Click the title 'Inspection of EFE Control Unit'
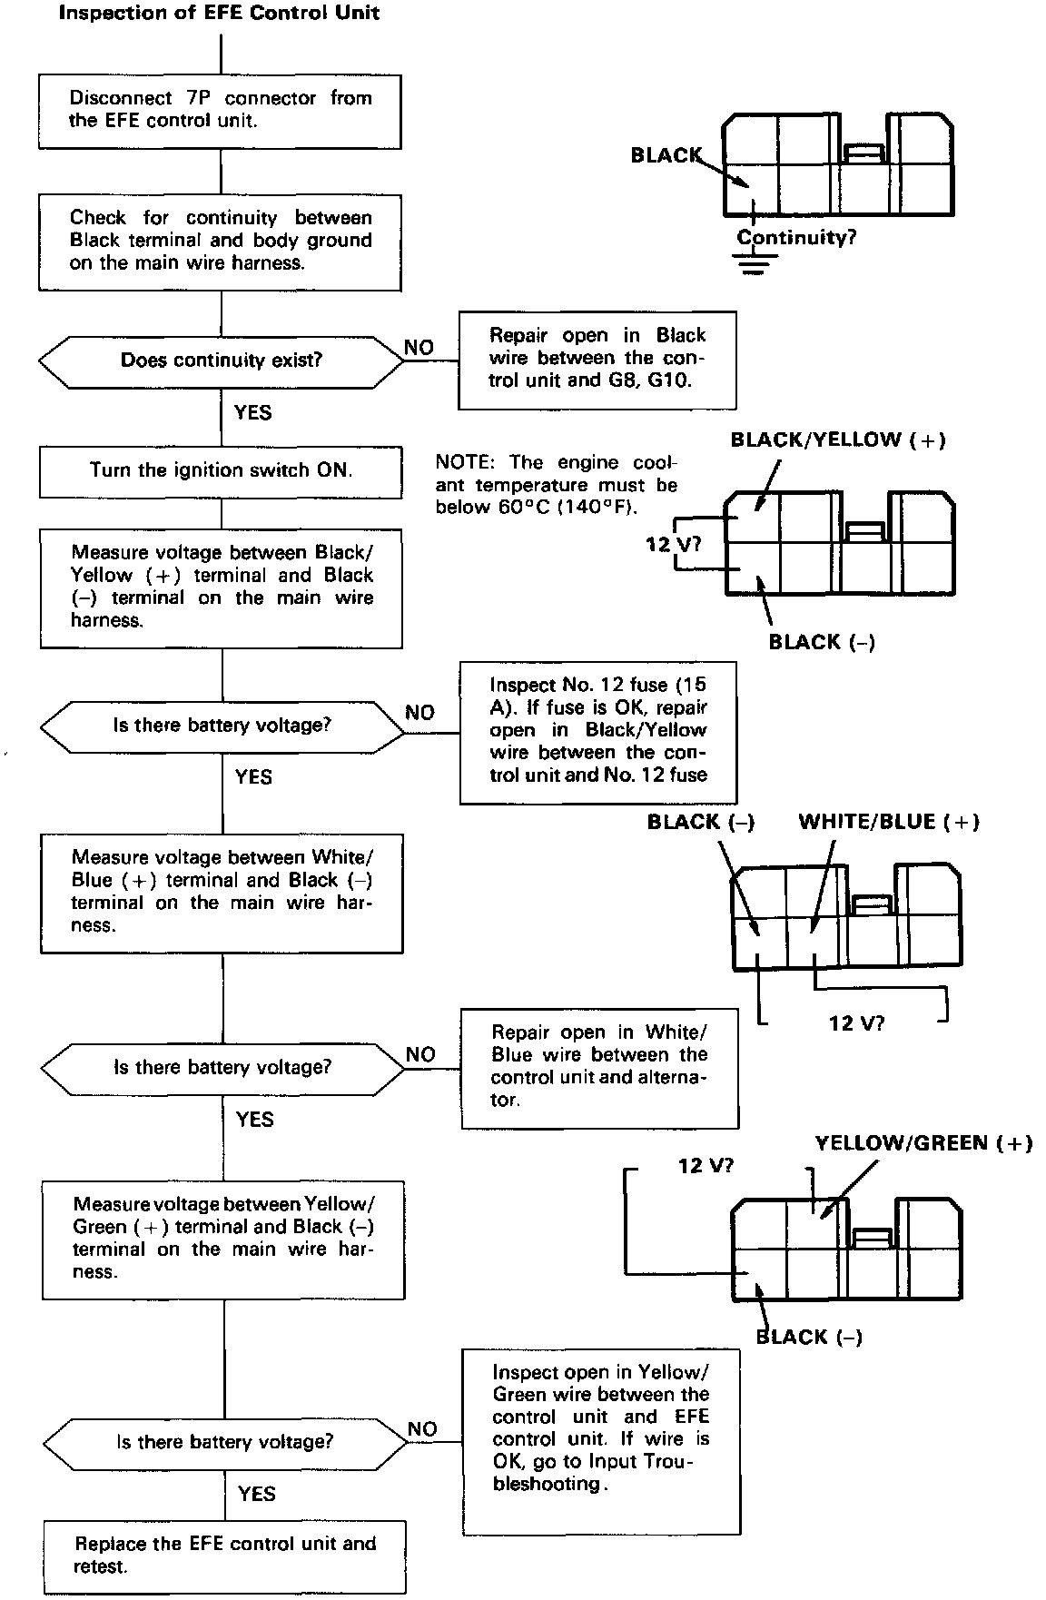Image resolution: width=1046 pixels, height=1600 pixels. [219, 13]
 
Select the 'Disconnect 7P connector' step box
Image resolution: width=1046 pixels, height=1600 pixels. [220, 110]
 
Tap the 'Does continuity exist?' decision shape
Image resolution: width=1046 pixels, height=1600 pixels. [222, 360]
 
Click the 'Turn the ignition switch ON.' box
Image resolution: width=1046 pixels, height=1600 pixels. [221, 470]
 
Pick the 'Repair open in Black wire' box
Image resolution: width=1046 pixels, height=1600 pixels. [597, 359]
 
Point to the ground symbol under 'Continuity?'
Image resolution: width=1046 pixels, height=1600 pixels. [754, 264]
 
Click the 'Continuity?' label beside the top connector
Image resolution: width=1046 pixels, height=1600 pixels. [796, 238]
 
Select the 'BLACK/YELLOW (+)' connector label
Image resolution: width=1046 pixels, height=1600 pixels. [838, 440]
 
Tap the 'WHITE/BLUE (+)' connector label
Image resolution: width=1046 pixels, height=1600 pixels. [889, 823]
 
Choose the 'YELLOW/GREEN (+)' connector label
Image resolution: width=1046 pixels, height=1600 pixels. [923, 1143]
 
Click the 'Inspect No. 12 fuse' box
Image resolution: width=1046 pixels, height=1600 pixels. [597, 731]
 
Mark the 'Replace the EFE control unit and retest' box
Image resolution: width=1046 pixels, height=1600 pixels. [224, 1555]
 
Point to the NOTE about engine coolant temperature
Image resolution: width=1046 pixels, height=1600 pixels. [557, 485]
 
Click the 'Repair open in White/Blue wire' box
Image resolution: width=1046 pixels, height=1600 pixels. [599, 1067]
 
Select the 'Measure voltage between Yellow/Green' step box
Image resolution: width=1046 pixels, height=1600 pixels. [223, 1239]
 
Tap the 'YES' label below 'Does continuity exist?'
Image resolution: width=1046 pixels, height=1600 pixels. [252, 413]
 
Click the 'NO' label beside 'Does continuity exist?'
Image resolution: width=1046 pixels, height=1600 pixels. [419, 348]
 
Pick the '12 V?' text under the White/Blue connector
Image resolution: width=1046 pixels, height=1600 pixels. [856, 1023]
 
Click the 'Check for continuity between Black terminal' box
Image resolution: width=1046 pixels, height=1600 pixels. [221, 241]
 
